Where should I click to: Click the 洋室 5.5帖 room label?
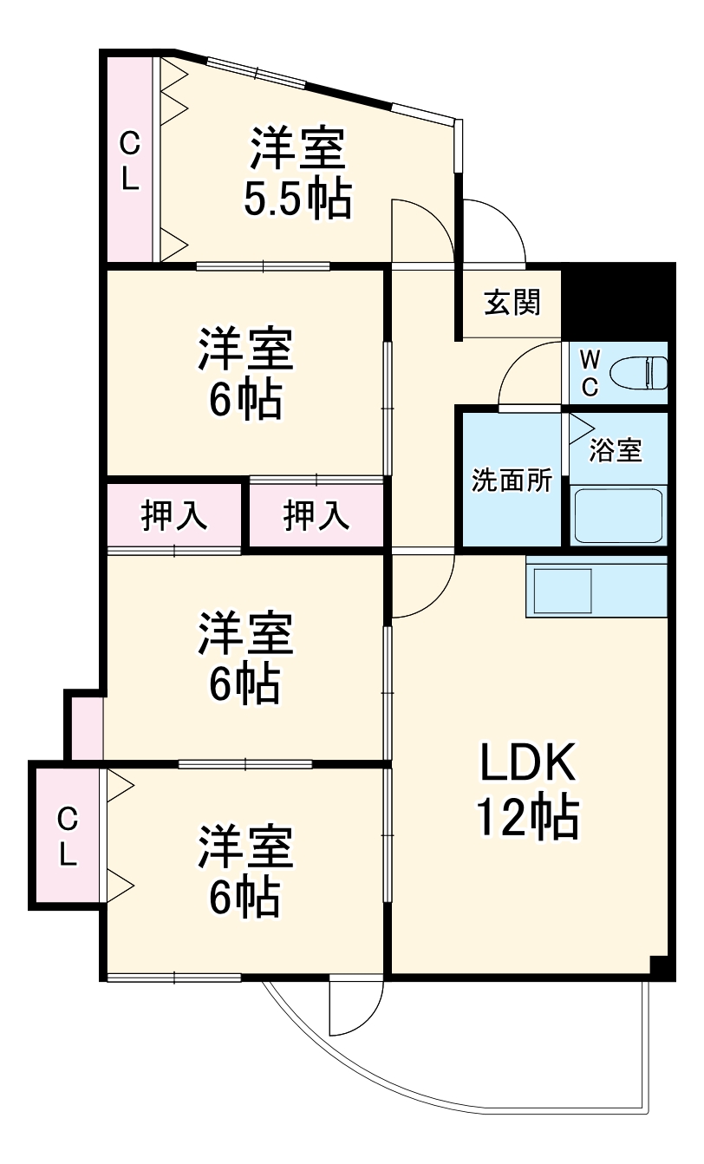pos(297,173)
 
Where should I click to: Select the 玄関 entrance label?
pos(512,303)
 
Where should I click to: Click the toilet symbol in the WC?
pos(639,374)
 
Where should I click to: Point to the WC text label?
pos(589,374)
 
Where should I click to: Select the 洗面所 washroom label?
pos(512,481)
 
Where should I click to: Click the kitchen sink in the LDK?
pos(561,591)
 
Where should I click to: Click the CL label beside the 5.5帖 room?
pos(128,160)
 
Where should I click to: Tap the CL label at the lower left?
pos(68,835)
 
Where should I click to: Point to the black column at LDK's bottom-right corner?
pos(661,966)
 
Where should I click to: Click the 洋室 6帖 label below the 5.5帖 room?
pos(245,373)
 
